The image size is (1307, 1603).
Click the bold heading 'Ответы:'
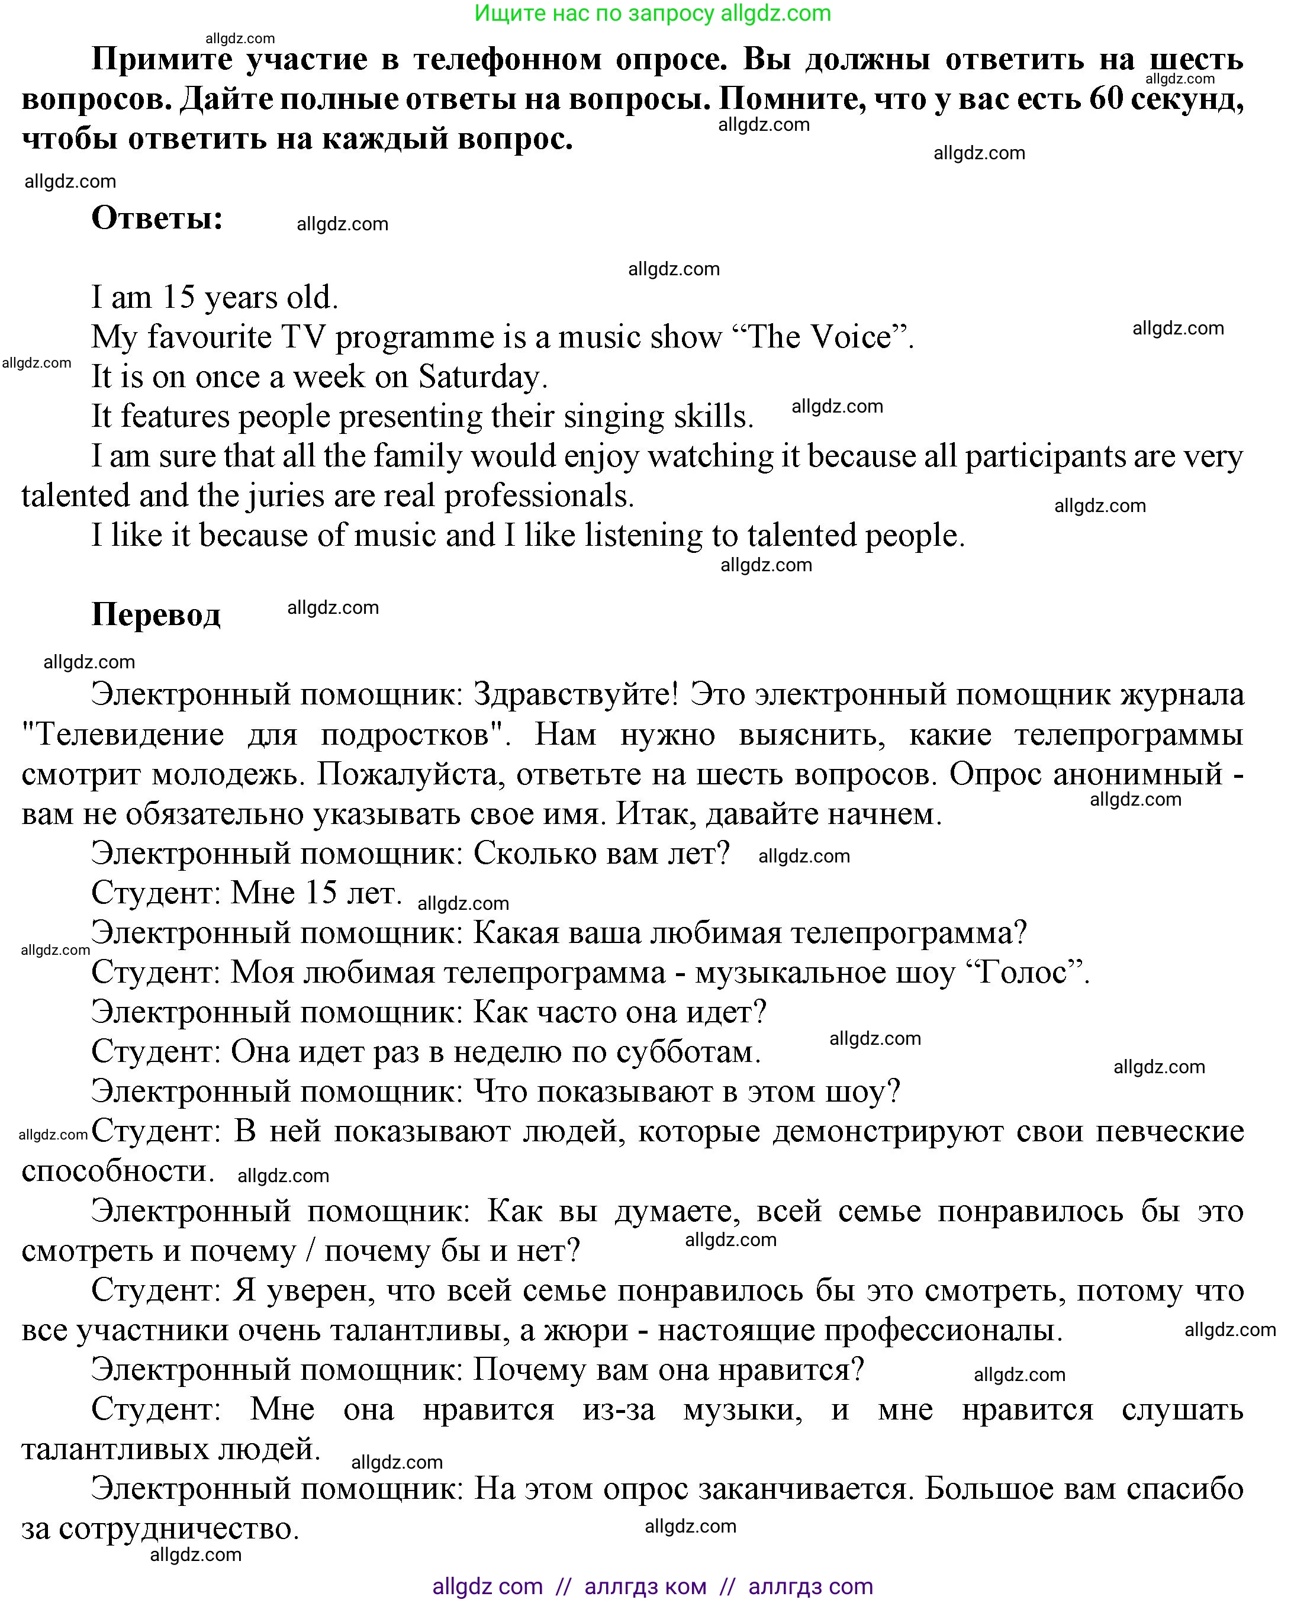coord(157,218)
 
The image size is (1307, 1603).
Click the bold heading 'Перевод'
coord(156,614)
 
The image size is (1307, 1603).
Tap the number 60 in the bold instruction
coord(1106,99)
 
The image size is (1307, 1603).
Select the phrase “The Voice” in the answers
coord(819,337)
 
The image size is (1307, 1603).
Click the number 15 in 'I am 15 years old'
coord(179,297)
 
